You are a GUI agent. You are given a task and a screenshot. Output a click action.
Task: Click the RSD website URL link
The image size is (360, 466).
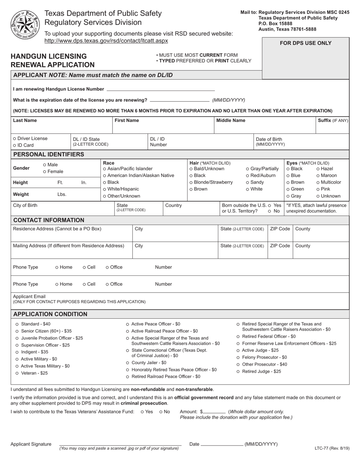tap(106, 41)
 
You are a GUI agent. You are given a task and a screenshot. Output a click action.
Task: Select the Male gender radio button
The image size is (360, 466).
tap(45, 165)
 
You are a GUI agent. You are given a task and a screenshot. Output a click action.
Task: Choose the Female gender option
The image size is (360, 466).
tap(45, 172)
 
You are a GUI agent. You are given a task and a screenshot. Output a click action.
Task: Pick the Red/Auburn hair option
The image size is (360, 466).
tap(247, 175)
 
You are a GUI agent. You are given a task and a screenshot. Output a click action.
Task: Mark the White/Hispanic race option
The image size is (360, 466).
tap(105, 189)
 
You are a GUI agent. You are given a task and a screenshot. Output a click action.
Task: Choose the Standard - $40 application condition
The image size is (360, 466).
tap(17, 324)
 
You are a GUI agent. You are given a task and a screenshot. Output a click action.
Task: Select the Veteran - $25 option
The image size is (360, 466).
tap(17, 373)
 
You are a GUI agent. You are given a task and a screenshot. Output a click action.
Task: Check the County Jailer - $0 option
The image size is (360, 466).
tap(128, 363)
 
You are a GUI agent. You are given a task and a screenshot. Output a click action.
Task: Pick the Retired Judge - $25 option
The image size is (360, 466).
tap(238, 372)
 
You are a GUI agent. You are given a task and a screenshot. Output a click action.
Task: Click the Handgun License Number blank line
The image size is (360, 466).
tap(161, 90)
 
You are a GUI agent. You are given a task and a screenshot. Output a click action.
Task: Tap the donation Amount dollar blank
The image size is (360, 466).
tap(215, 412)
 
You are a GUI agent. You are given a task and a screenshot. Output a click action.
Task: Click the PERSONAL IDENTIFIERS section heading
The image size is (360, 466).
tap(49, 155)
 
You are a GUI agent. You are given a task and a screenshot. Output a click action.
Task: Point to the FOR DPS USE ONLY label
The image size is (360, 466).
tap(305, 43)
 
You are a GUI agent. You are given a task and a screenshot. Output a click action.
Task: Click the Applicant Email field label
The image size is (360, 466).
tap(29, 296)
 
